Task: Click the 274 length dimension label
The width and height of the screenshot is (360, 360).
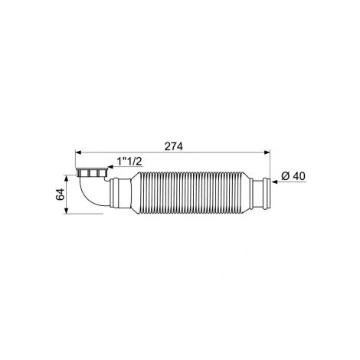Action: (x=174, y=146)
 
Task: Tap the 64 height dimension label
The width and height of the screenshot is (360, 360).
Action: (x=60, y=195)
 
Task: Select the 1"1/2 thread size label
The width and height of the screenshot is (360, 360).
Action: (x=129, y=161)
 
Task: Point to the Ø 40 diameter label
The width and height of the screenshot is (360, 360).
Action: (x=293, y=176)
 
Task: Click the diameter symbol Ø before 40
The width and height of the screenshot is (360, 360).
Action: (x=285, y=176)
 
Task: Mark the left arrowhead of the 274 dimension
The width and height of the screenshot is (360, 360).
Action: (x=78, y=152)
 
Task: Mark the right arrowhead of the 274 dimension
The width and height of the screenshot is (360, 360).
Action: (x=267, y=152)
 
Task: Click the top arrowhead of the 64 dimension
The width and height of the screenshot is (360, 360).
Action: (x=66, y=178)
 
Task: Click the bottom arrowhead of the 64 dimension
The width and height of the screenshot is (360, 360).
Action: (x=66, y=211)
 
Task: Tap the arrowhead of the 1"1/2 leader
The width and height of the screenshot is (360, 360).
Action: (x=110, y=167)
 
